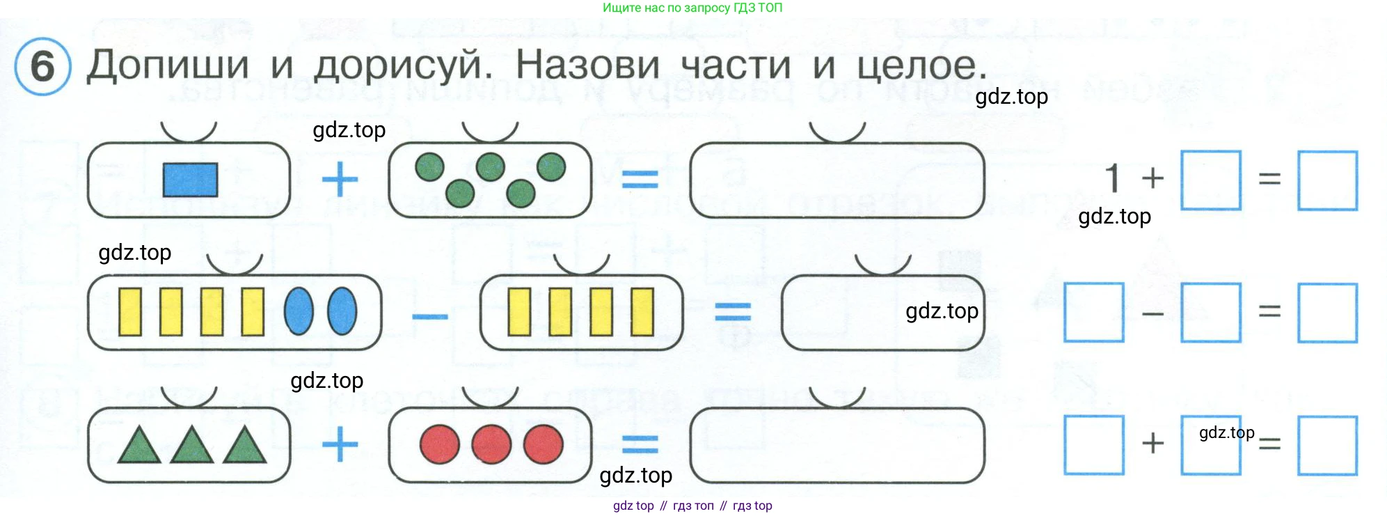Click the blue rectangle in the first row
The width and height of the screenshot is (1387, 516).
click(190, 180)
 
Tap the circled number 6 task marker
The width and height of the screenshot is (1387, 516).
click(42, 67)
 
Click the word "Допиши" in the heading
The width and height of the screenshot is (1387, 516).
click(168, 66)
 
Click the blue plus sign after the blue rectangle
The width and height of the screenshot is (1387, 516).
click(340, 180)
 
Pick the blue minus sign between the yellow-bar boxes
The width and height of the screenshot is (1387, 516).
click(429, 317)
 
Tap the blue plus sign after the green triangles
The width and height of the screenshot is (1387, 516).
click(340, 444)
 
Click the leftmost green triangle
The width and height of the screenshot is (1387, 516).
click(139, 446)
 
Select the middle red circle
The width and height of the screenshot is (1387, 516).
click(491, 444)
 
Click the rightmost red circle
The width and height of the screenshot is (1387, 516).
click(543, 444)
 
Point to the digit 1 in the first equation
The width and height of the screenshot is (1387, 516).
click(1113, 178)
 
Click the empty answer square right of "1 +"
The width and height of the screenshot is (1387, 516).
click(1211, 180)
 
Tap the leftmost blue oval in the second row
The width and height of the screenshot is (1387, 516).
click(299, 311)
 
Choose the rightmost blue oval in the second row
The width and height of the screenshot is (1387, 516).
click(342, 311)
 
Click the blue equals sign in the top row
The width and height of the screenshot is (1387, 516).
click(640, 180)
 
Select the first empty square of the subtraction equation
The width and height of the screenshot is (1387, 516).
click(1094, 313)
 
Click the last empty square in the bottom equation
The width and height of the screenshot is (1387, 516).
click(1327, 446)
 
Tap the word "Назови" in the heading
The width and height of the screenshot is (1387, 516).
click(587, 66)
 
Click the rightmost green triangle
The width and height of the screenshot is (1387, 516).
click(244, 446)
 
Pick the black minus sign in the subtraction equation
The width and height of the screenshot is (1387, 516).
click(1152, 314)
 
